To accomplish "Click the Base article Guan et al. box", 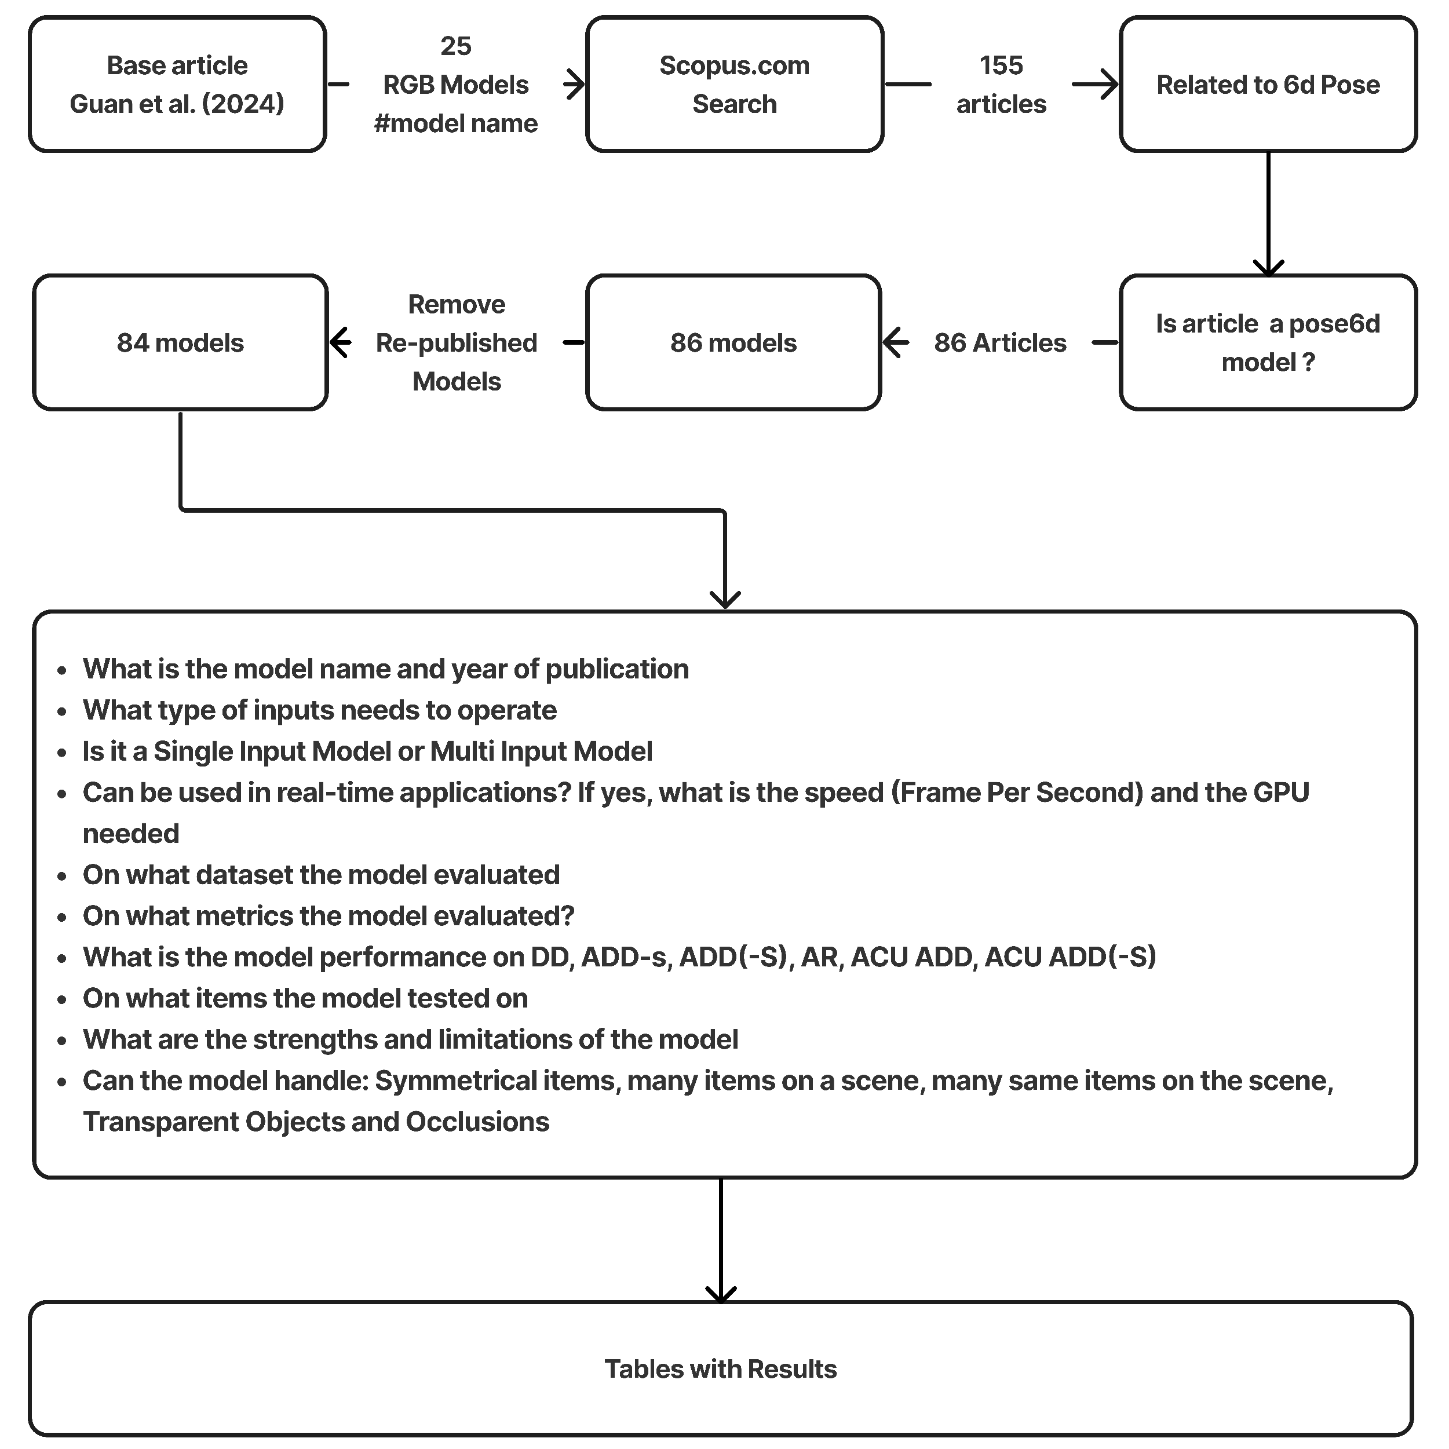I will (x=177, y=84).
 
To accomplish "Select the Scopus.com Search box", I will (x=733, y=84).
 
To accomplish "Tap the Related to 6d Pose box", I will (x=1268, y=84).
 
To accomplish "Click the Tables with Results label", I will (x=720, y=1368).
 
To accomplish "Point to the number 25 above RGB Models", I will (x=455, y=46).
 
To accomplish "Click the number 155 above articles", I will (x=1001, y=65).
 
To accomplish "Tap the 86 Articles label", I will (x=1000, y=343).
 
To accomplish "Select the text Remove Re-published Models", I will (x=456, y=343).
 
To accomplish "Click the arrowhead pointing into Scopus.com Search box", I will (x=576, y=84).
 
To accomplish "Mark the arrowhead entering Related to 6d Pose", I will (x=1108, y=84).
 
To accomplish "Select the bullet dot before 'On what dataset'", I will (x=62, y=876).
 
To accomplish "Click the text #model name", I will (x=455, y=123).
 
